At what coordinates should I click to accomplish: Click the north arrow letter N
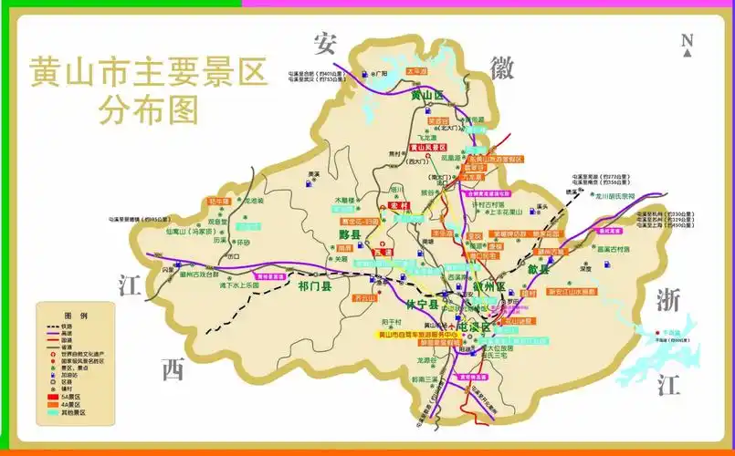687,40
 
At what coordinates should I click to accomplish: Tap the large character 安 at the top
326,43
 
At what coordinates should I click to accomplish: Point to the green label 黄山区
426,95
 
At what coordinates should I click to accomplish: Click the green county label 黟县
351,234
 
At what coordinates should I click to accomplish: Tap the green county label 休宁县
423,302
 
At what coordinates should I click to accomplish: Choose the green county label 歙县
539,269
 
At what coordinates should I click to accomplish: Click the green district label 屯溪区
474,326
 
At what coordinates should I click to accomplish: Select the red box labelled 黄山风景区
427,147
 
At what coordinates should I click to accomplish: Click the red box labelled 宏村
397,207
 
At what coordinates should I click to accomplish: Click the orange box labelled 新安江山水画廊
572,292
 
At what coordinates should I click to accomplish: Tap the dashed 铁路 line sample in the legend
46,326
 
